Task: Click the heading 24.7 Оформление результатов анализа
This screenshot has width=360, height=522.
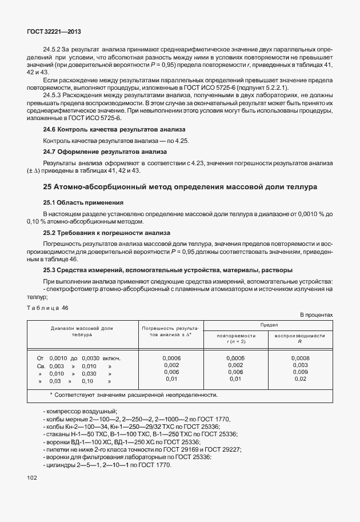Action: tap(105, 152)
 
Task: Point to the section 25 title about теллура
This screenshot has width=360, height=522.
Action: tap(181, 187)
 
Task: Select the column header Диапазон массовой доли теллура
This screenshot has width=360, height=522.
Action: tap(82, 332)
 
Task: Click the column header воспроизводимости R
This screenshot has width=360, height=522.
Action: tap(300, 338)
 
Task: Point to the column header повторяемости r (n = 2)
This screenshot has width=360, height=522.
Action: tap(235, 338)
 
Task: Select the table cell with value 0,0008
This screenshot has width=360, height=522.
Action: tap(300, 357)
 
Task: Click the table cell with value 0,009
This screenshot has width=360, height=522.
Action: tap(300, 372)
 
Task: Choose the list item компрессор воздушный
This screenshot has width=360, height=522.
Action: tap(81, 412)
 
